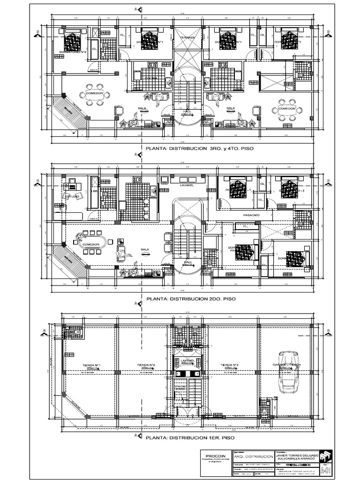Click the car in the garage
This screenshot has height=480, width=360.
point(285,372)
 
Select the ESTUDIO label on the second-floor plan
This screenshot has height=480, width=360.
point(72,196)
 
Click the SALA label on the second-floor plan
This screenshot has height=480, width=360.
point(144,249)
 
